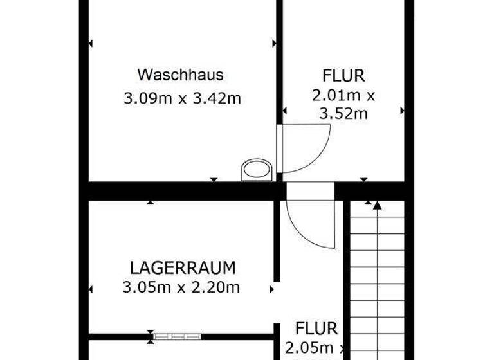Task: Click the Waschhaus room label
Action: [181, 75]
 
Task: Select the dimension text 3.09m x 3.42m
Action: [182, 98]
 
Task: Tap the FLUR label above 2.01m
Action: [343, 76]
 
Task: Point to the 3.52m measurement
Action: [343, 114]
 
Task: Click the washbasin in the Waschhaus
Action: [257, 170]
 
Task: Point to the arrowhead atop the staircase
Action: [377, 205]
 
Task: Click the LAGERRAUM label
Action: [183, 267]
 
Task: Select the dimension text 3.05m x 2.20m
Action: [181, 287]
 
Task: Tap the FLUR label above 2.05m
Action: [316, 328]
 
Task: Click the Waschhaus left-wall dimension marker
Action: [90, 44]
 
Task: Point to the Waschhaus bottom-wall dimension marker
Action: [214, 180]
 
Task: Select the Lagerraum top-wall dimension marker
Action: [151, 203]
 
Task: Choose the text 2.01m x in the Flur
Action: [343, 96]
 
